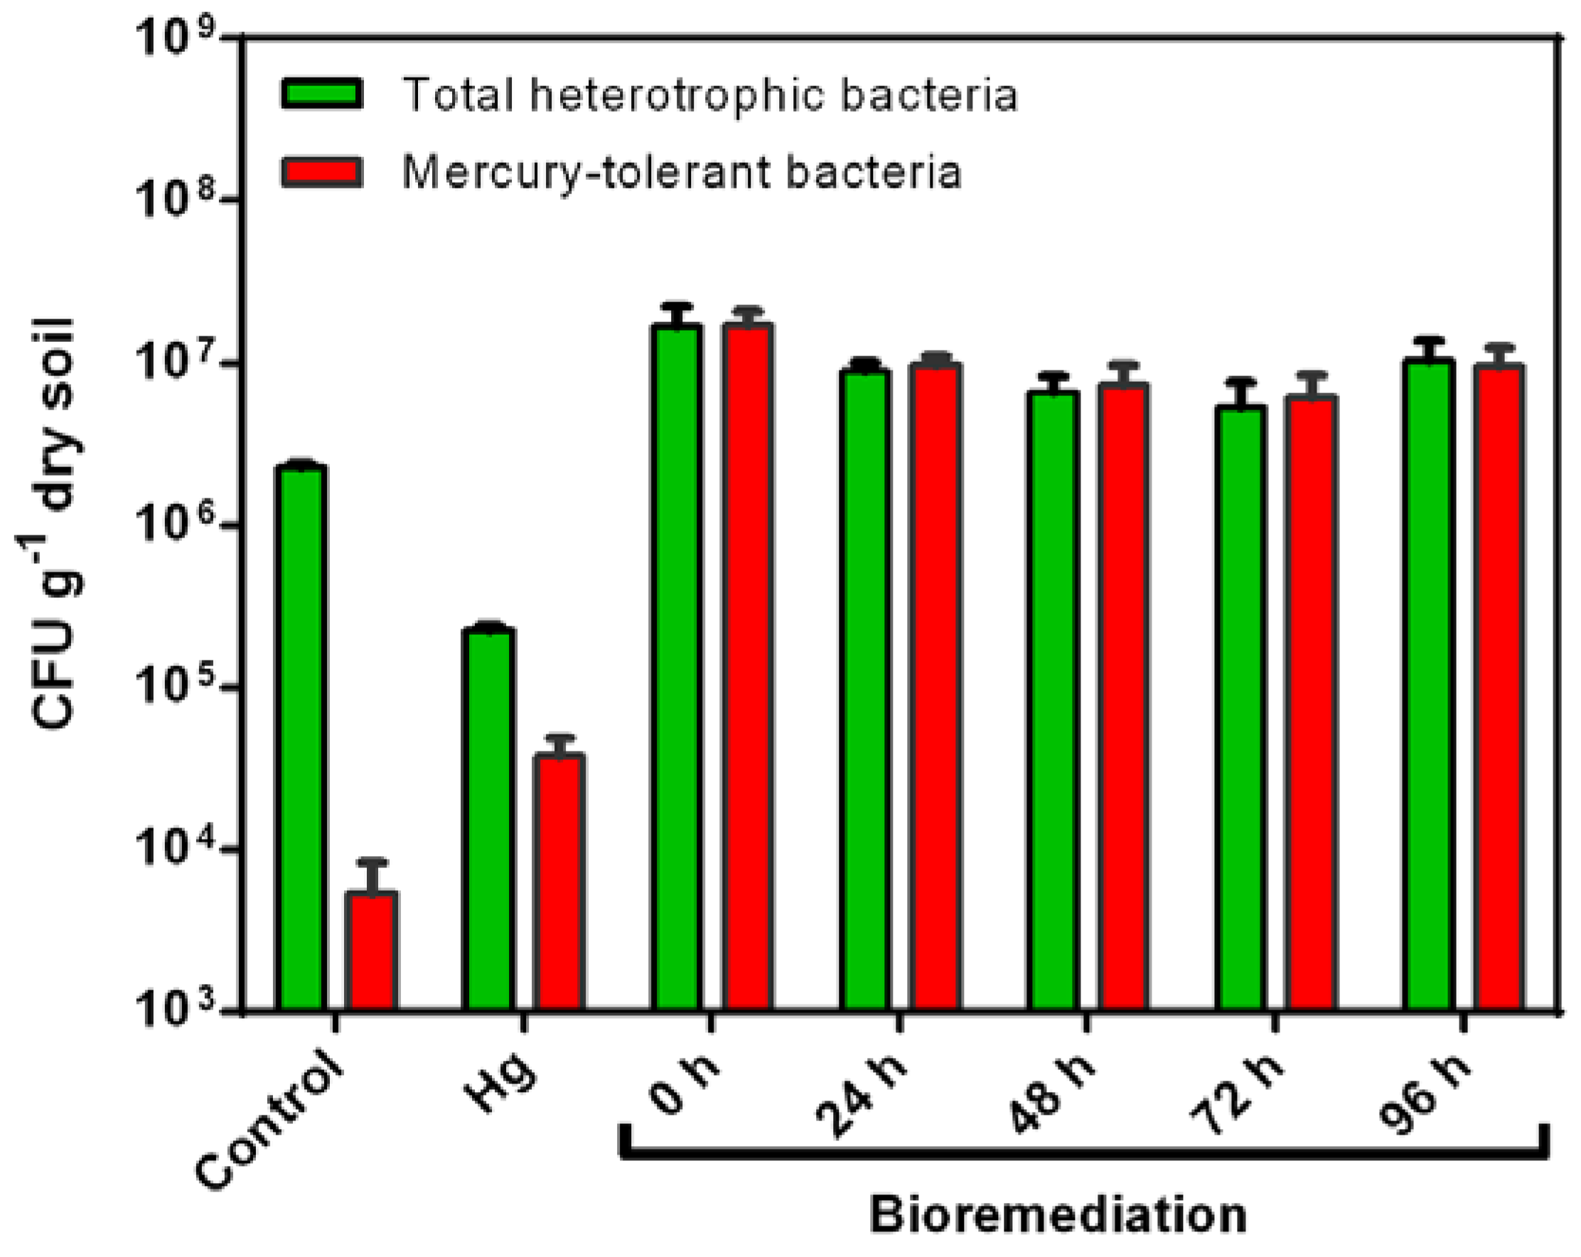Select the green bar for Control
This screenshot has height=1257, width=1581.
point(301,734)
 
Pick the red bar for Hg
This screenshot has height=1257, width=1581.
point(559,880)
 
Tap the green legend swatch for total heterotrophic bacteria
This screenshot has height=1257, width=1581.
point(321,95)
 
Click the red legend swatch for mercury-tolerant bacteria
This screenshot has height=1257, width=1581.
point(321,172)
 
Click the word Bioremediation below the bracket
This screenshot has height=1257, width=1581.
point(1057,1216)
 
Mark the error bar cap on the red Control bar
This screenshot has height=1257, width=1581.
point(373,862)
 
